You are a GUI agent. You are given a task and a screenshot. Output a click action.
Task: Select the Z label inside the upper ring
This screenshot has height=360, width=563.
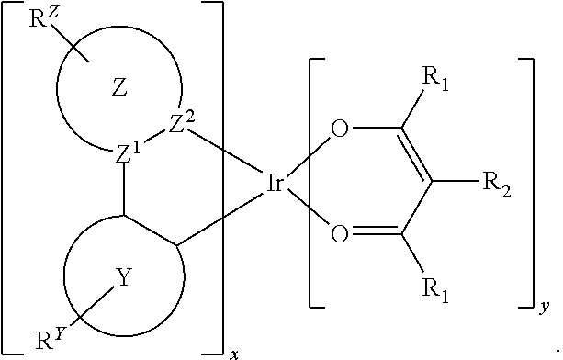click(x=118, y=88)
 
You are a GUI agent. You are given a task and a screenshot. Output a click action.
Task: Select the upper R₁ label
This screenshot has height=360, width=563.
click(x=434, y=81)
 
